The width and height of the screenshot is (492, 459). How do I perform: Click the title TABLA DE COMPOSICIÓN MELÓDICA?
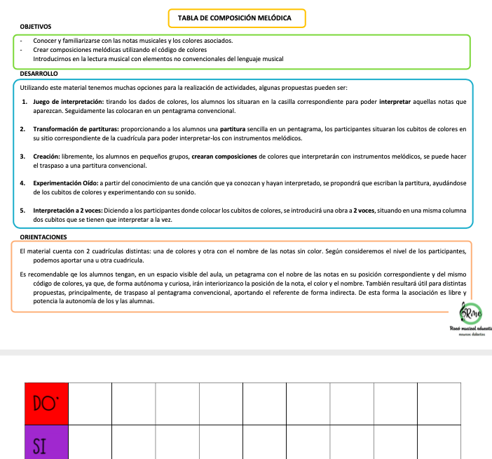pyautogui.click(x=237, y=18)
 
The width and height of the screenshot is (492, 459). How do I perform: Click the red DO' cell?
pyautogui.click(x=46, y=404)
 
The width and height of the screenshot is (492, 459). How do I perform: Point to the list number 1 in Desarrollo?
pyautogui.click(x=23, y=102)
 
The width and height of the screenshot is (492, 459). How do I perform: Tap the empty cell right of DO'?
pyautogui.click(x=90, y=404)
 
